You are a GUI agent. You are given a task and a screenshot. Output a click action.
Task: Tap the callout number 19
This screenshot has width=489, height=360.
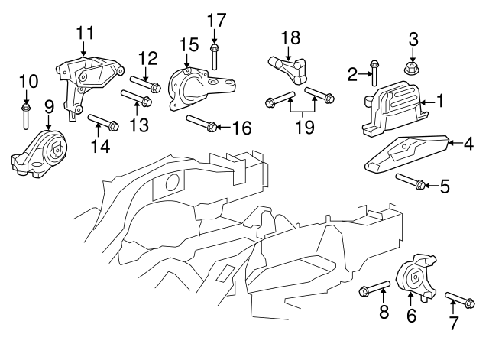pyautogui.click(x=304, y=127)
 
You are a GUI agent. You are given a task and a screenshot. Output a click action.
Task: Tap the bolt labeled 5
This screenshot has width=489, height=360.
pyautogui.click(x=412, y=182)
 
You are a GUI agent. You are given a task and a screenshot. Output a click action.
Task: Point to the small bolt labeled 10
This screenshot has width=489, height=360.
pyautogui.click(x=25, y=116)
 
